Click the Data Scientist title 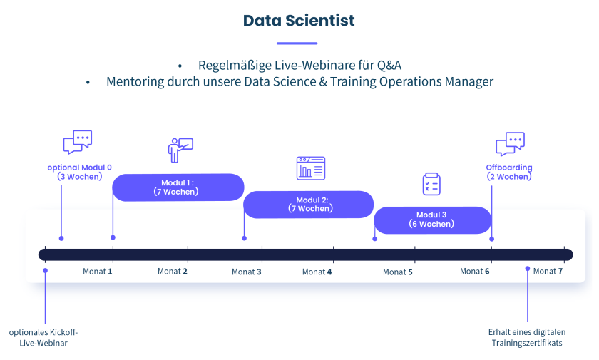(299, 21)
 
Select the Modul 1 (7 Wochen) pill (178, 187)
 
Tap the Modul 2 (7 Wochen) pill (309, 205)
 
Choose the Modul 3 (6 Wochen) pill (432, 220)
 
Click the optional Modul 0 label (79, 172)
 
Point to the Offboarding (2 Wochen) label (509, 172)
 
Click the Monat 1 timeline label (98, 272)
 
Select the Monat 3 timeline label (247, 272)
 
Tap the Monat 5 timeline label (398, 272)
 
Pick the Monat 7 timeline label (548, 272)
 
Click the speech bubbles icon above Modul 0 (78, 142)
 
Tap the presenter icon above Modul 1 (180, 150)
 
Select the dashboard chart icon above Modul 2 (311, 168)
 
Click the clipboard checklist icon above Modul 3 (431, 184)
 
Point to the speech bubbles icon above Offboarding (511, 144)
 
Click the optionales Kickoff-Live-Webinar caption (43, 337)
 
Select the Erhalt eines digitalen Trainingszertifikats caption (527, 337)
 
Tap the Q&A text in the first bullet (389, 66)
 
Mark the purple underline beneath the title (297, 43)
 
